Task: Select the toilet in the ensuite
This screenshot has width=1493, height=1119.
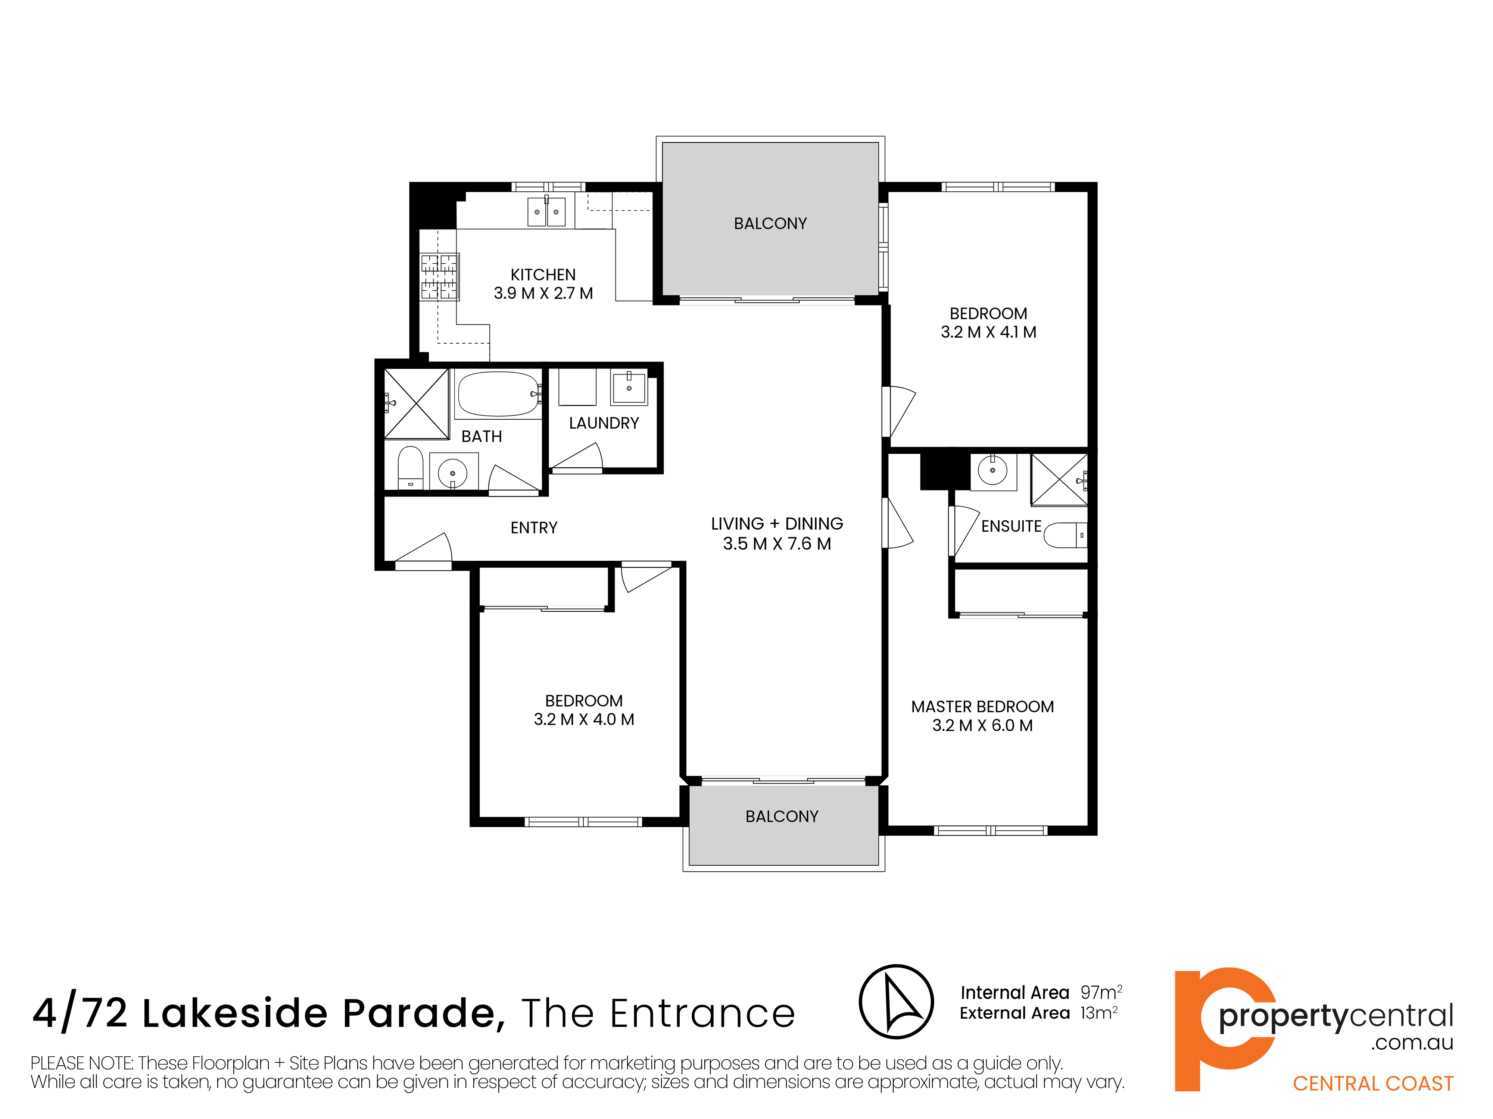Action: (x=1066, y=535)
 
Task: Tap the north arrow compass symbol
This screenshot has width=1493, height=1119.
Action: (x=896, y=1001)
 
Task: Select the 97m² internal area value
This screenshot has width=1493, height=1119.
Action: (x=1101, y=992)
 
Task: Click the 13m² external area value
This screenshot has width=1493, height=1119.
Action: (x=1099, y=1013)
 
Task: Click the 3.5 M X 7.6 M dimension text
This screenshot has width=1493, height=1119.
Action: (x=777, y=544)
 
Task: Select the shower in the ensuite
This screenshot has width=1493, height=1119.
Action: (x=1059, y=480)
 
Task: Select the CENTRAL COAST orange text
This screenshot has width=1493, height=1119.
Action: (x=1373, y=1083)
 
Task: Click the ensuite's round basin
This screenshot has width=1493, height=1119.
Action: (x=993, y=471)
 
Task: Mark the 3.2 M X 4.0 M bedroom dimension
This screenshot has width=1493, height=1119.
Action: (x=584, y=719)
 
